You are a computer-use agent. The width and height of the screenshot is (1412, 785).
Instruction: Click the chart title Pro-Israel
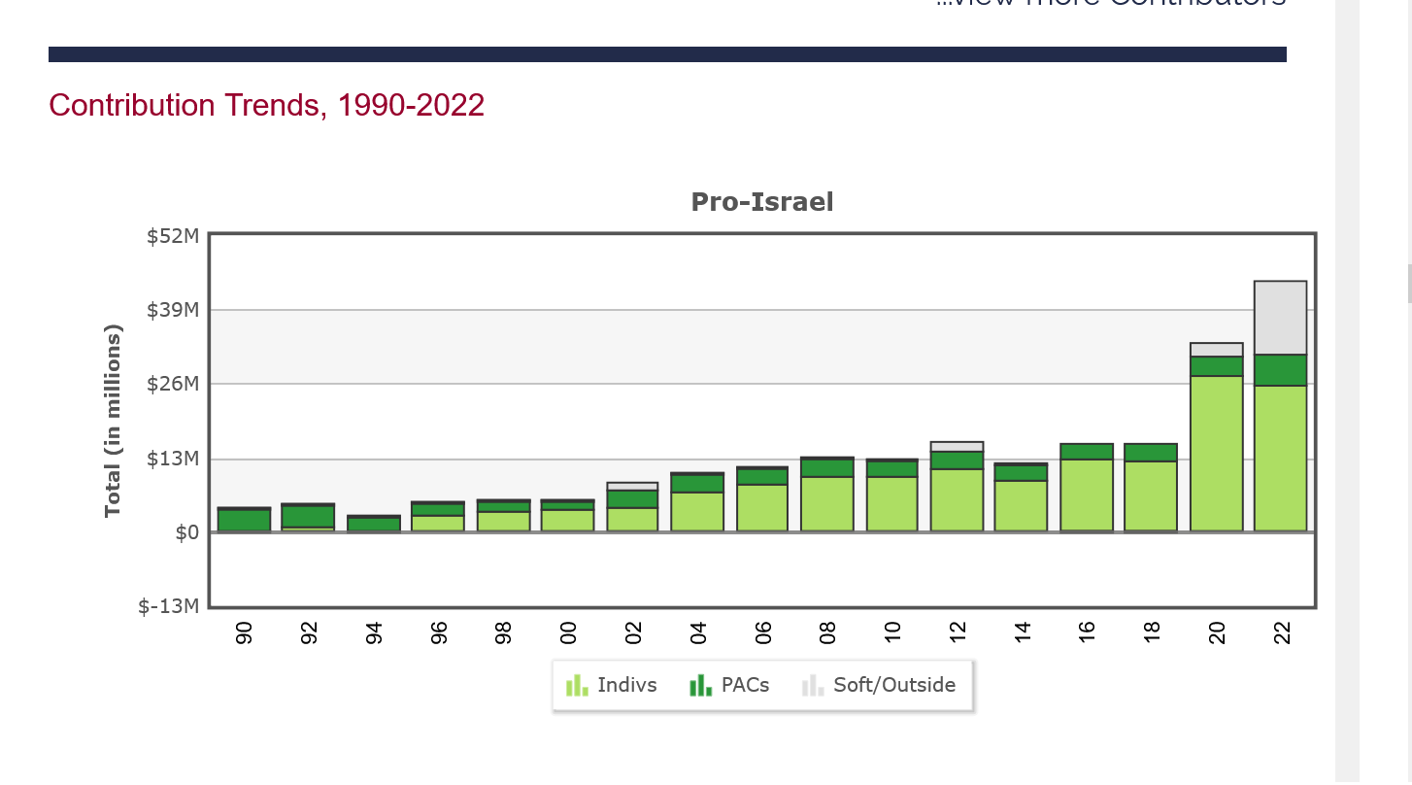tap(762, 202)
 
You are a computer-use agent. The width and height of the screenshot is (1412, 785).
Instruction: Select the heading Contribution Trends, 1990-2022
tap(266, 105)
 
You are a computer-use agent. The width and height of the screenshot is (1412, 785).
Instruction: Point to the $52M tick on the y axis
tap(173, 236)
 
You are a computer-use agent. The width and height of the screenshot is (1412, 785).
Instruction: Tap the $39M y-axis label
tap(173, 310)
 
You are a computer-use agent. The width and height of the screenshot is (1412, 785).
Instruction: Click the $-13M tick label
tap(169, 606)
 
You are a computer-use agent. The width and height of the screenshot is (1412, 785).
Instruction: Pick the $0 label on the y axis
tap(187, 532)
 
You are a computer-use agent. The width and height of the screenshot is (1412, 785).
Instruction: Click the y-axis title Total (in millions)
tap(114, 421)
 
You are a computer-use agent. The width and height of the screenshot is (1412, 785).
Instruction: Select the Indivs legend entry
tap(612, 685)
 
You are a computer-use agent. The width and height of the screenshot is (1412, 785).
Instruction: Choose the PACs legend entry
tap(730, 685)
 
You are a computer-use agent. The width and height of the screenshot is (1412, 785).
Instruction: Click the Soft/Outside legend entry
tap(880, 685)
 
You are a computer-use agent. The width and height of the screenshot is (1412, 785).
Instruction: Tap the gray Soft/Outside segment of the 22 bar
tap(1280, 318)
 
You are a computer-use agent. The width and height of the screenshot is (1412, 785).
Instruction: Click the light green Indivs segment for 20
tap(1216, 453)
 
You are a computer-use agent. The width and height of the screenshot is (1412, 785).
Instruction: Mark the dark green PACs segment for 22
tap(1280, 370)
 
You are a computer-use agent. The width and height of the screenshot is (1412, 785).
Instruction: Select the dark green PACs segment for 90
tap(244, 520)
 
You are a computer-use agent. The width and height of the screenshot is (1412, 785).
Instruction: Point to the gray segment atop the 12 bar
tap(957, 447)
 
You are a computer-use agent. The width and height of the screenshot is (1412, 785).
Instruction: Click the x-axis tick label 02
tap(633, 633)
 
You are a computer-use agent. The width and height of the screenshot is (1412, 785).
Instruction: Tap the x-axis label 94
tap(374, 633)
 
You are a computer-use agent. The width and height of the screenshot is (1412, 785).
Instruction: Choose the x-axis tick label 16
tap(1087, 633)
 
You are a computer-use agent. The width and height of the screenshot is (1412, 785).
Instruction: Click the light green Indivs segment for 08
tap(827, 503)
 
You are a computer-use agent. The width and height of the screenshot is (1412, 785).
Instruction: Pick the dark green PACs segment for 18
tap(1151, 453)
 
